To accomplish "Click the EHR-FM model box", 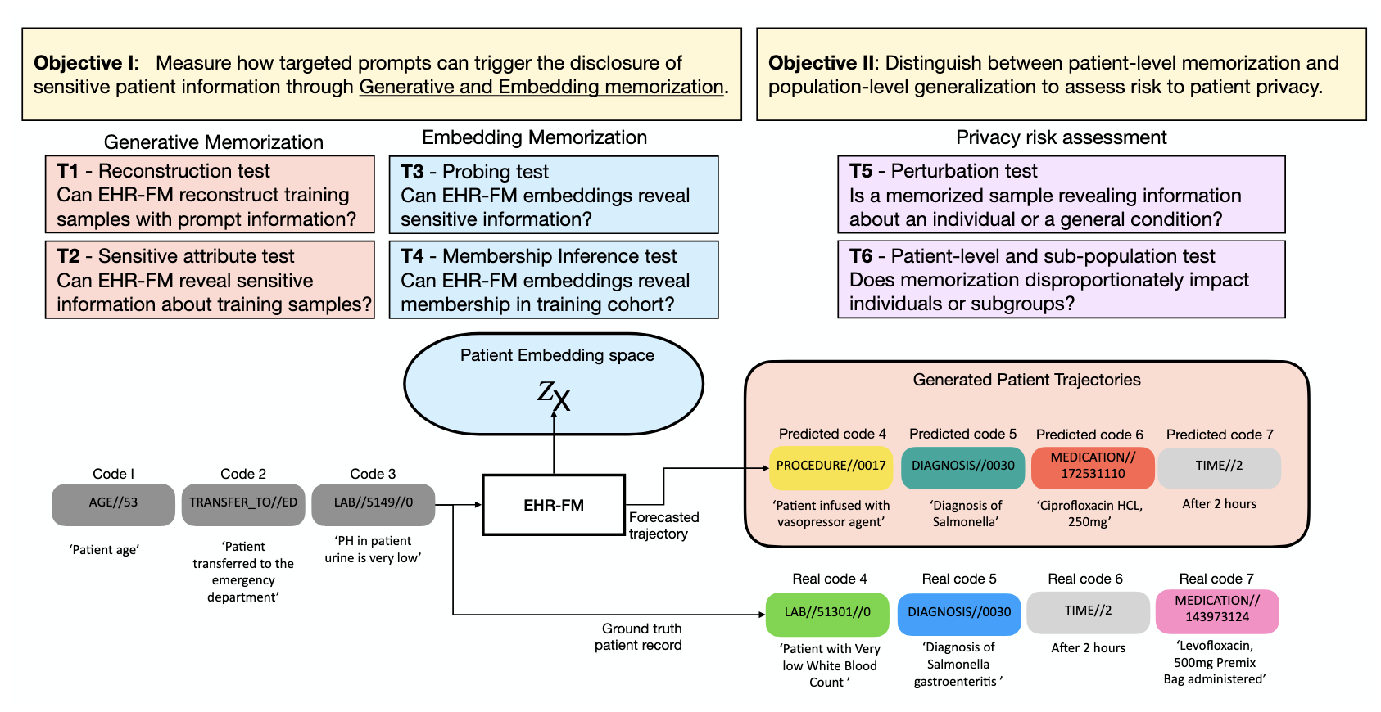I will (x=554, y=505).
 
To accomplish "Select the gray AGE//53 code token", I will (x=113, y=503).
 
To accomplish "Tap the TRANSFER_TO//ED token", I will (x=243, y=503).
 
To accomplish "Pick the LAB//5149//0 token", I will (x=373, y=503).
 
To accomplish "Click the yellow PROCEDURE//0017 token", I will (x=831, y=466).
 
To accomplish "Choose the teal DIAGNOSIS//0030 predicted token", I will (x=962, y=466).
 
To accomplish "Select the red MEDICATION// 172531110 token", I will (x=1093, y=466).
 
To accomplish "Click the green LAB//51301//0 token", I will (x=826, y=613).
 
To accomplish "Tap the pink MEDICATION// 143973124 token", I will (x=1216, y=611).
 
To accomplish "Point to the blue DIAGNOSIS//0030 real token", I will (x=958, y=613).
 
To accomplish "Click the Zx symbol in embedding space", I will (x=554, y=395).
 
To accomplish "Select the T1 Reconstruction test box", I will (x=210, y=195).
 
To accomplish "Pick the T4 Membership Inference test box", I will (x=553, y=280).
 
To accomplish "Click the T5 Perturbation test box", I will (x=1061, y=195).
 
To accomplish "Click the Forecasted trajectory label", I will (x=663, y=525).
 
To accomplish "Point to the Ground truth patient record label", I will (x=640, y=637).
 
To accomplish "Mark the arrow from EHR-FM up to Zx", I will (x=554, y=442).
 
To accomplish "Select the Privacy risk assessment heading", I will (x=1061, y=137).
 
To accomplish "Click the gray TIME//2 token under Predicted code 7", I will (x=1219, y=466).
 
